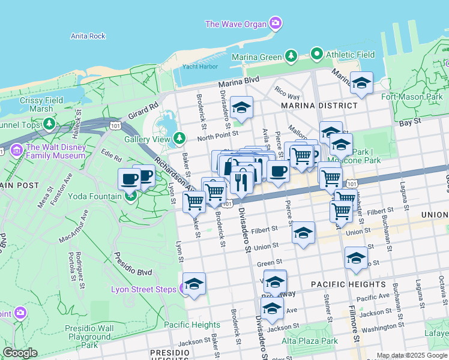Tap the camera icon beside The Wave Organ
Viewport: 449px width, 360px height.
276,23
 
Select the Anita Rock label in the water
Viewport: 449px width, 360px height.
88,36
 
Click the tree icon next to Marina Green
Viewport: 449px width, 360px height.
291,56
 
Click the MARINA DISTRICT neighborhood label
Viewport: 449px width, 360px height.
319,106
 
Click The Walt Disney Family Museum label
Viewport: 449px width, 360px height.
55,151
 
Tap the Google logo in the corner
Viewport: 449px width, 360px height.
19,353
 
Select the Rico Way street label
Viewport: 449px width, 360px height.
287,96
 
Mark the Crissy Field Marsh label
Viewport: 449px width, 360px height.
40,105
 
